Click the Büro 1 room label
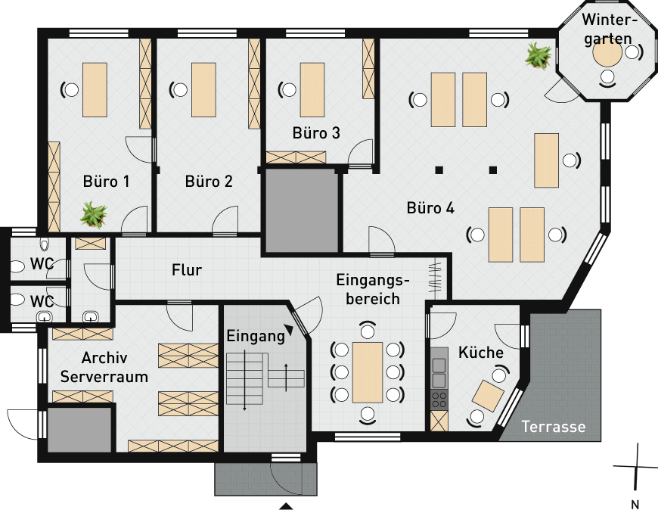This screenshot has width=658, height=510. (x=106, y=182)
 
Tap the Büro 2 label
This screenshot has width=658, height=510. (x=209, y=182)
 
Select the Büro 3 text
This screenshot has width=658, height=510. (x=316, y=132)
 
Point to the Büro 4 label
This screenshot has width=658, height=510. (x=430, y=208)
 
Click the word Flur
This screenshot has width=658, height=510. (x=187, y=270)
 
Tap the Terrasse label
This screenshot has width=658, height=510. (x=554, y=427)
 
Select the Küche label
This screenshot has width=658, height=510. (x=481, y=352)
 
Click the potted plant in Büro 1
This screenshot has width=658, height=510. (x=94, y=214)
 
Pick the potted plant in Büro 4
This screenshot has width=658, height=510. (x=539, y=55)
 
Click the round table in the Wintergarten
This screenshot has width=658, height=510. (x=607, y=53)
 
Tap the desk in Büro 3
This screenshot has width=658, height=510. (x=312, y=90)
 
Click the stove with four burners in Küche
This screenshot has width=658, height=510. (x=439, y=400)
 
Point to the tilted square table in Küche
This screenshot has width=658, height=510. (x=488, y=396)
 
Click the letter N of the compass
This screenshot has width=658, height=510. (x=635, y=504)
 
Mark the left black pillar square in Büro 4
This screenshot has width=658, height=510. (x=439, y=170)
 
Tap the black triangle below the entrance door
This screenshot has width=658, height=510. (x=286, y=506)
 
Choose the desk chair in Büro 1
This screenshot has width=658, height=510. (x=70, y=89)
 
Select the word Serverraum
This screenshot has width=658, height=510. (x=104, y=377)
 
